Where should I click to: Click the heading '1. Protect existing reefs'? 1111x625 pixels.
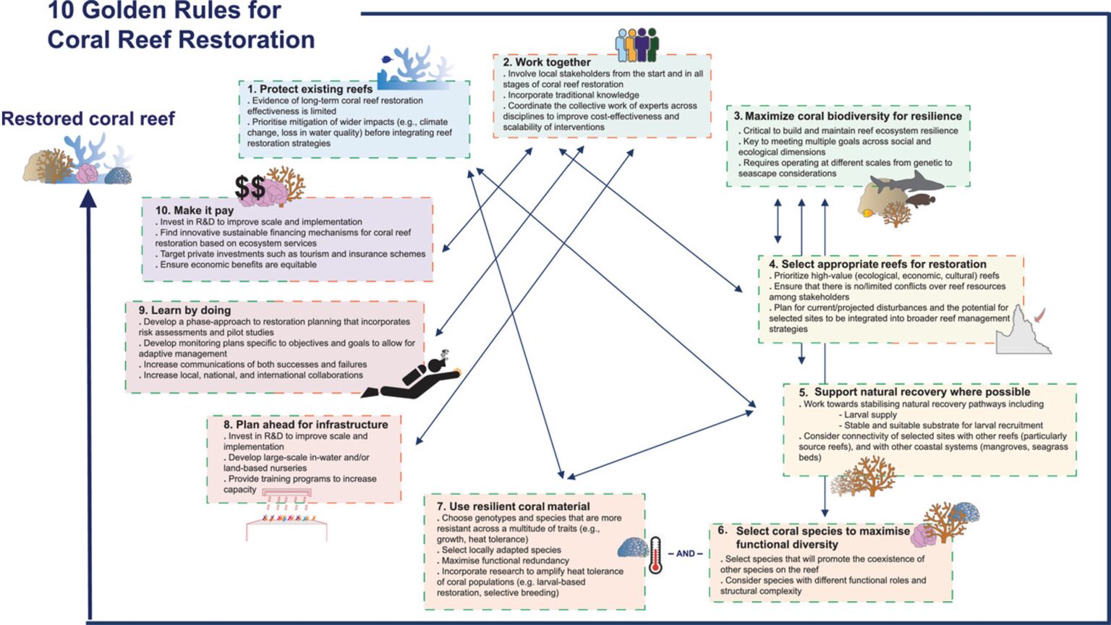pos(310,89)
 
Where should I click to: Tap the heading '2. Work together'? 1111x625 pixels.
pos(547,62)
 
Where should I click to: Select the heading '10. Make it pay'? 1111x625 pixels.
pos(195,211)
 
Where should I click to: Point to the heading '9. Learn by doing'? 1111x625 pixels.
pos(184,310)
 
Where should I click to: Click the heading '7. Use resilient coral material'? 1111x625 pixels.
pos(513,506)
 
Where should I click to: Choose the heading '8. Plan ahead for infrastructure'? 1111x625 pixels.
pos(305,425)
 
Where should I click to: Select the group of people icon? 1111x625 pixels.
pos(637,44)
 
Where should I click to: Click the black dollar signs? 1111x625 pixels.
pos(250,188)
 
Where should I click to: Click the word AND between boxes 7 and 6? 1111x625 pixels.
pos(685,553)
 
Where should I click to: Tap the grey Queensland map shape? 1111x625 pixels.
pos(1022,333)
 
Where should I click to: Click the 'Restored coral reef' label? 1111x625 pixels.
pos(88,119)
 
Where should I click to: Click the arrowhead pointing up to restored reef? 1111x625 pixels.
pos(88,197)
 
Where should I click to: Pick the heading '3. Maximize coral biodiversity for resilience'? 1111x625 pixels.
pos(847,116)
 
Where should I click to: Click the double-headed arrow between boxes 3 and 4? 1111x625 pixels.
pos(778,221)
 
